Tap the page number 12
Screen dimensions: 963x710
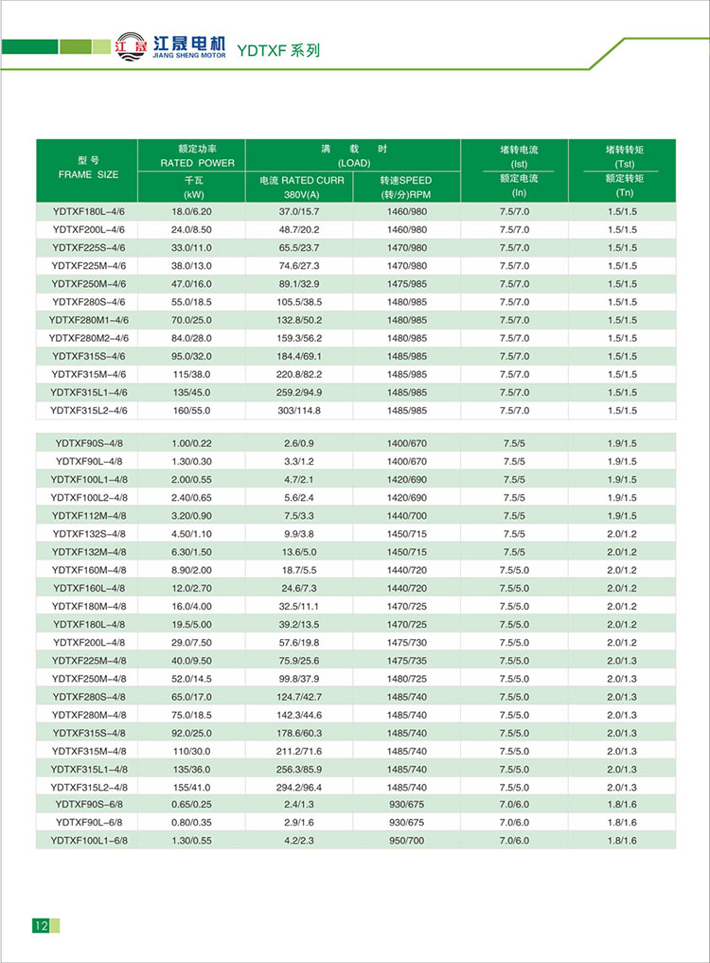click(41, 925)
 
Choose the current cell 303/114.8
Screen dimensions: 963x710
click(299, 410)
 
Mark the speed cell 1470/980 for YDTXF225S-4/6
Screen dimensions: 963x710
click(407, 248)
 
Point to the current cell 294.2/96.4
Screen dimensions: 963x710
click(299, 787)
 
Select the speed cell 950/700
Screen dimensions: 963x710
click(407, 840)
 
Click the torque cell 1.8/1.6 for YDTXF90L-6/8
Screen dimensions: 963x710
click(621, 822)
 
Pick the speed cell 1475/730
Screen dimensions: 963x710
click(407, 642)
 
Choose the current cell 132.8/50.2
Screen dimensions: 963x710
click(299, 320)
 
